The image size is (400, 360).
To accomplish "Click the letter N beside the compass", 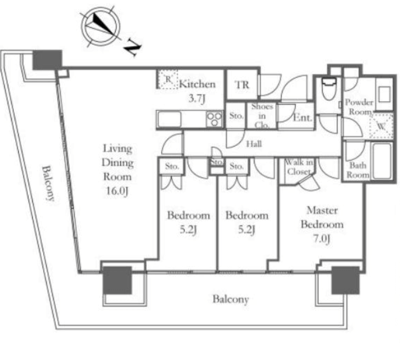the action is [x=133, y=47].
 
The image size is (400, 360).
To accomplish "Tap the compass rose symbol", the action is [x=100, y=27].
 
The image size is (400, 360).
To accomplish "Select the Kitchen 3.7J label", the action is [x=197, y=91].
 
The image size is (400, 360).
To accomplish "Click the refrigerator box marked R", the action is [x=167, y=79].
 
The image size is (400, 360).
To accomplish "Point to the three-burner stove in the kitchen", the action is [x=215, y=119].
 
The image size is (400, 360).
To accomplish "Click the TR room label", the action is [x=242, y=85].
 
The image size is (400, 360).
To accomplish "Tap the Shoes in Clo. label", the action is [x=262, y=116].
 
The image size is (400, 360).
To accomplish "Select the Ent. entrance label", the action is [x=303, y=118].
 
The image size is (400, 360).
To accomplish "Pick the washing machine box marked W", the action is [x=381, y=126].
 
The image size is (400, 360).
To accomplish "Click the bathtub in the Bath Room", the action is [x=382, y=161].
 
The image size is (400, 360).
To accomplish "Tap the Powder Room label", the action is [x=359, y=107].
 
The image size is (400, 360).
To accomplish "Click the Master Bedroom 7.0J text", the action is [x=322, y=224].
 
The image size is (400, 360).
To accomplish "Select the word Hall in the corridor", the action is [x=254, y=144].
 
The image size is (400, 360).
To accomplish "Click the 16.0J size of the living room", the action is [x=117, y=191].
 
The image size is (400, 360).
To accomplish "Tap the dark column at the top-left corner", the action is [x=47, y=60].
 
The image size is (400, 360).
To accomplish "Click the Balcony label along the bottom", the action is [x=231, y=299].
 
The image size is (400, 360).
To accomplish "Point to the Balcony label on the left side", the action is [x=48, y=183].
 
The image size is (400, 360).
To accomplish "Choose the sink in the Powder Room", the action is [x=384, y=94].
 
